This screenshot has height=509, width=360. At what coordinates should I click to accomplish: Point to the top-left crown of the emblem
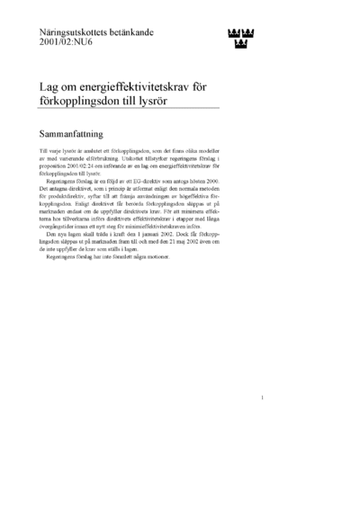tap(229, 34)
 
